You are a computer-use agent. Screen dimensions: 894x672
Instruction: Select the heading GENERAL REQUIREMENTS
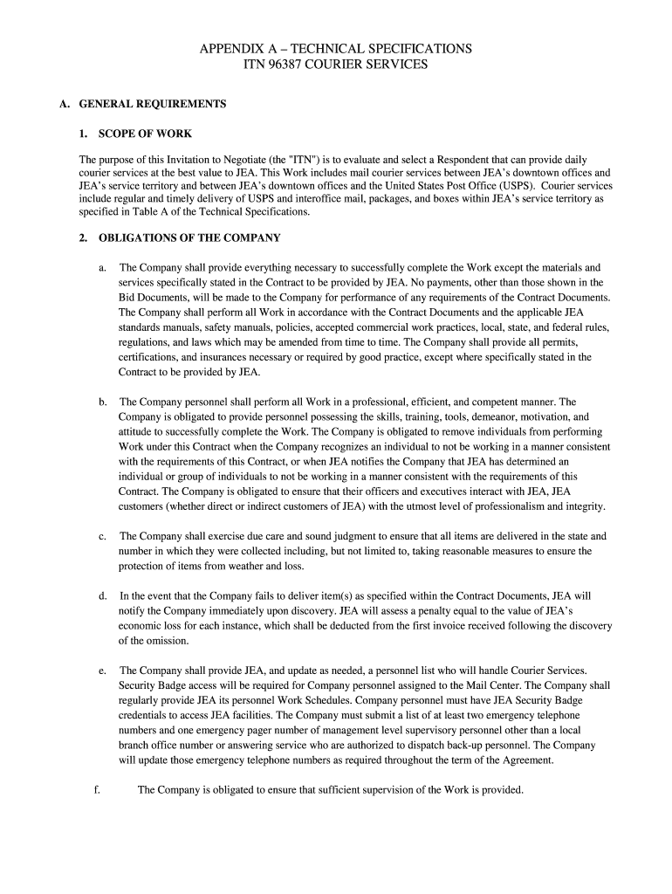point(153,104)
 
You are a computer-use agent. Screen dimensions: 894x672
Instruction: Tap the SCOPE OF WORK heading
point(145,134)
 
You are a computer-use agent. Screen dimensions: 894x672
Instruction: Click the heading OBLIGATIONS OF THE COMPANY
point(189,237)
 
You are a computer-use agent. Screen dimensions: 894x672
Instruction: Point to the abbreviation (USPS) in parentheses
point(511,186)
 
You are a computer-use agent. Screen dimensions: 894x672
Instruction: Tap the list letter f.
point(97,790)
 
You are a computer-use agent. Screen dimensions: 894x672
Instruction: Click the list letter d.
point(103,596)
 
